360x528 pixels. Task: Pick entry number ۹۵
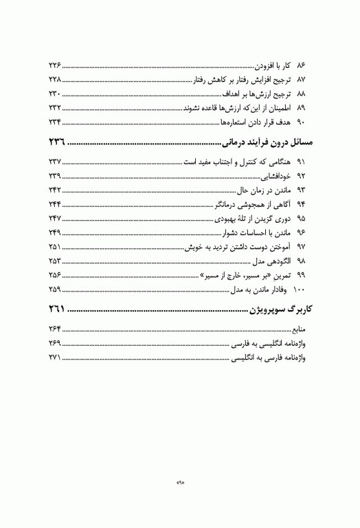(x=301, y=219)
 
